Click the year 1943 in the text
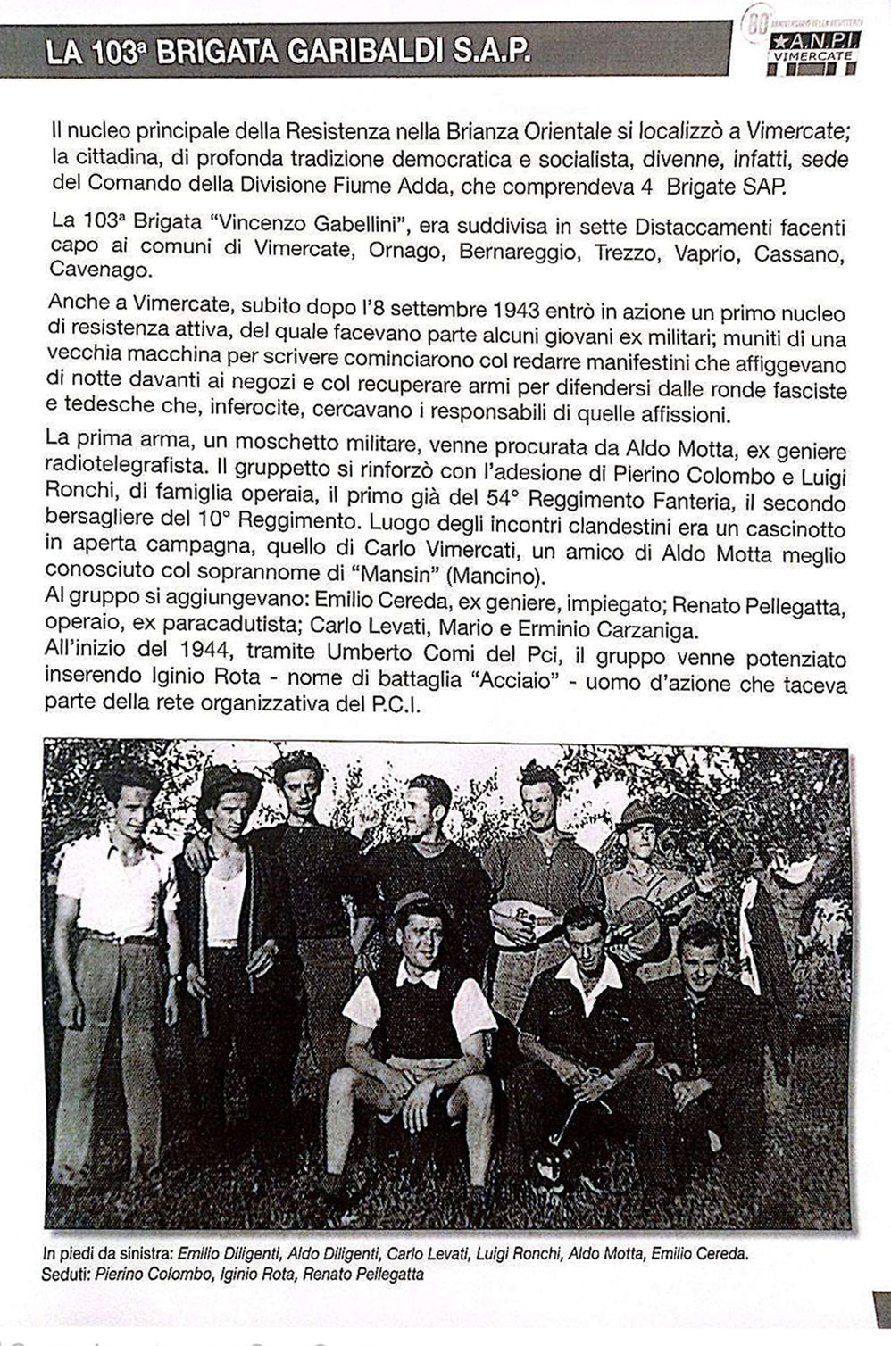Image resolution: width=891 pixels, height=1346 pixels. coord(515,311)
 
